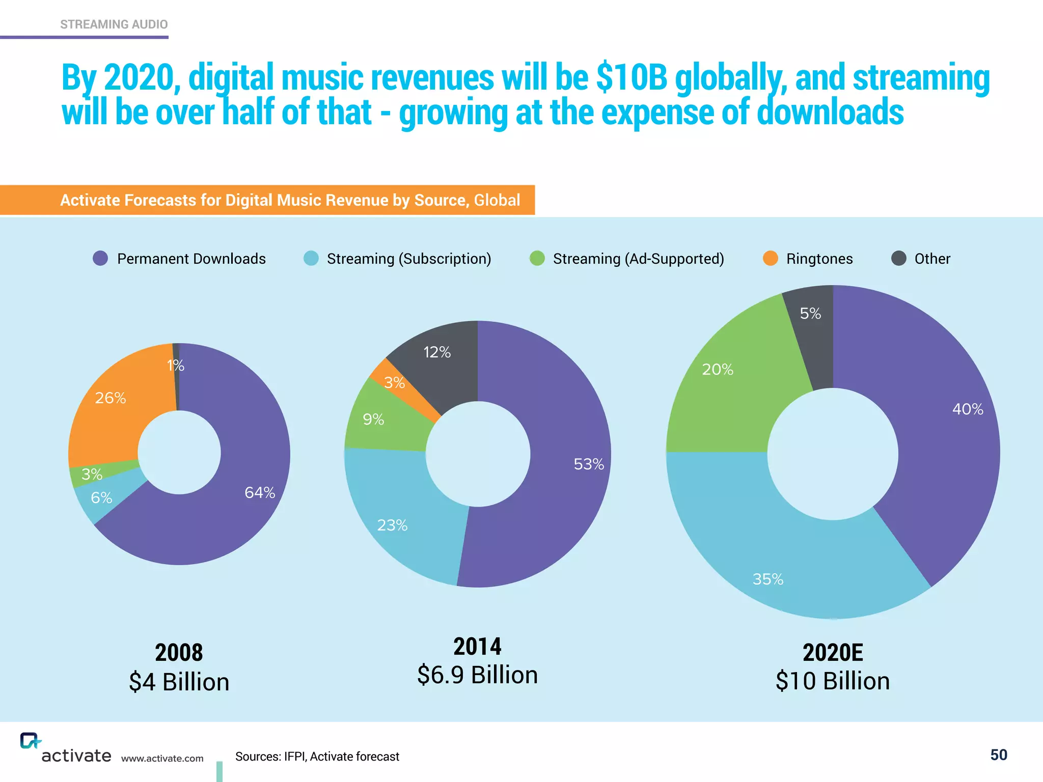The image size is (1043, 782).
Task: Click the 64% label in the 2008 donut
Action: click(260, 492)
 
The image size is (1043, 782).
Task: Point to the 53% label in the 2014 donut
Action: click(589, 464)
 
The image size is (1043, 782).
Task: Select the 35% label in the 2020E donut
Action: click(767, 579)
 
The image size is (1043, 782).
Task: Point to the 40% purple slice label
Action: click(968, 409)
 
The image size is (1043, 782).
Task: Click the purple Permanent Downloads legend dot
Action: click(100, 259)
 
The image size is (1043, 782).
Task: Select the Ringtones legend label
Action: click(819, 259)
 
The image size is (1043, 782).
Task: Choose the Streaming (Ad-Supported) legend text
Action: click(638, 259)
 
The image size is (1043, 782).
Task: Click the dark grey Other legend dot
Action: click(898, 259)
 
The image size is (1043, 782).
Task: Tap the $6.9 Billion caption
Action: click(477, 675)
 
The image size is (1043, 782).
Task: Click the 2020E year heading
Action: click(833, 653)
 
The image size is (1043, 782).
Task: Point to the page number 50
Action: click(998, 755)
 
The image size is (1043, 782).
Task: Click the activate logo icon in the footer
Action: click(30, 741)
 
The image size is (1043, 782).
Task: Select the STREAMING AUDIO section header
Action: click(114, 24)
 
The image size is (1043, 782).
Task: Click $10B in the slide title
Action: click(632, 77)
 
